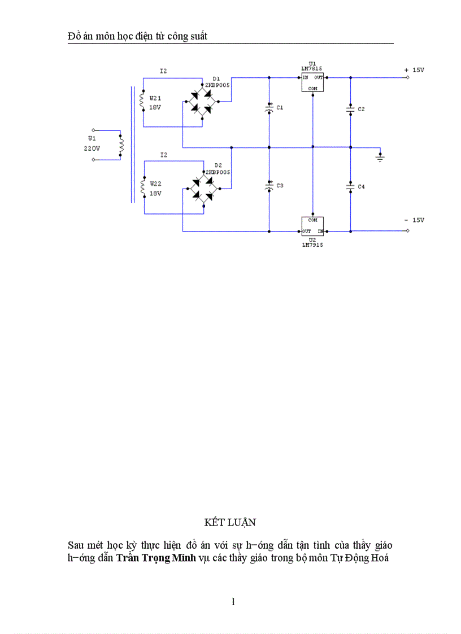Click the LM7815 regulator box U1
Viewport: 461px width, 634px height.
(x=312, y=83)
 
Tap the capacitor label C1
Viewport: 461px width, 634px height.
(x=280, y=107)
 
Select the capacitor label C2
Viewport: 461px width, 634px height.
(x=361, y=109)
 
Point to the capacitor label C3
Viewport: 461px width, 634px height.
(x=280, y=186)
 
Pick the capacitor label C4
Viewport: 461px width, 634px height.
(x=361, y=186)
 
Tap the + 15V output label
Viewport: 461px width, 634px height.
(x=414, y=70)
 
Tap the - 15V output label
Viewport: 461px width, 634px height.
(x=414, y=220)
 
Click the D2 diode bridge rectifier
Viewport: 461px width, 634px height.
(x=202, y=188)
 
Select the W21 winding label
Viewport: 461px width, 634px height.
(x=155, y=98)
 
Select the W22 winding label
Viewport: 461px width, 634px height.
(x=155, y=184)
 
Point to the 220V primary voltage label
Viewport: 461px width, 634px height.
(x=92, y=148)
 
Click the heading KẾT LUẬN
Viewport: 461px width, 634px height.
(x=230, y=522)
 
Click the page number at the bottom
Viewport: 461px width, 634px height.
(x=233, y=601)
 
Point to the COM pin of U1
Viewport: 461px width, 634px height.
(x=312, y=89)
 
